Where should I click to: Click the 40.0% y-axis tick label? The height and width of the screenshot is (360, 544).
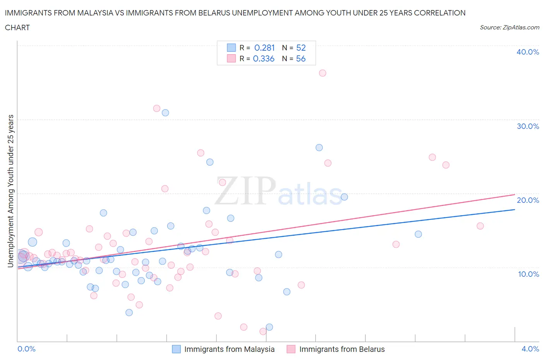click(x=527, y=52)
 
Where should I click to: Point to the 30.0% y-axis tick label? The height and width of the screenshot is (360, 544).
click(x=527, y=126)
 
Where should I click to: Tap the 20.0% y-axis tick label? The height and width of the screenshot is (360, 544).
click(x=527, y=200)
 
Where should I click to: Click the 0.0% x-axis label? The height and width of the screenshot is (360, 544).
click(x=27, y=349)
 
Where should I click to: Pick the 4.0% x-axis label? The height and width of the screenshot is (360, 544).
click(x=530, y=349)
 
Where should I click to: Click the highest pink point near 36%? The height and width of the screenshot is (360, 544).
click(x=322, y=73)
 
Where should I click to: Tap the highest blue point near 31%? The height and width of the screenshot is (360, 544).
click(x=165, y=113)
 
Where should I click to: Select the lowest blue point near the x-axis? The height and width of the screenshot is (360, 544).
click(x=269, y=327)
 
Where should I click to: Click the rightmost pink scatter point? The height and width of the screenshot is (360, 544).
click(x=480, y=226)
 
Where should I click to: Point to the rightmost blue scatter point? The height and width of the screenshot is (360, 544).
click(x=418, y=234)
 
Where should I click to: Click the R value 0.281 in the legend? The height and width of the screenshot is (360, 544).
click(x=264, y=48)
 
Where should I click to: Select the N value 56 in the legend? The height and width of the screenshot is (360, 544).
click(x=301, y=58)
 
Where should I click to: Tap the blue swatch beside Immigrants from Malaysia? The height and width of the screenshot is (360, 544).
click(x=176, y=349)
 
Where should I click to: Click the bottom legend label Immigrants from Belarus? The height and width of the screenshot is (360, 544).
click(x=342, y=349)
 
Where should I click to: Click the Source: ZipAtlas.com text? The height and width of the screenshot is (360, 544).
click(x=509, y=27)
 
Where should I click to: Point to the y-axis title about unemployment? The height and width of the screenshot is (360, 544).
click(x=10, y=191)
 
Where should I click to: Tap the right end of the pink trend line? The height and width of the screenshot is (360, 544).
click(x=515, y=194)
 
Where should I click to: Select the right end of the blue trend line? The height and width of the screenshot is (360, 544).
click(x=515, y=209)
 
